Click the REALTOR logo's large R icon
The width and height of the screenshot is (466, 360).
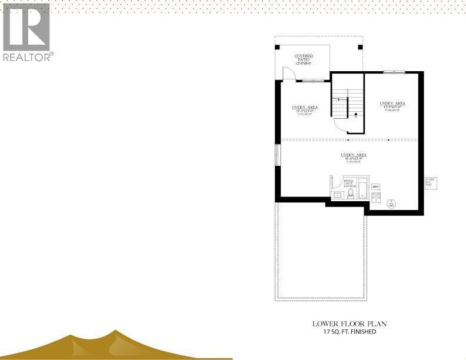click(26, 26)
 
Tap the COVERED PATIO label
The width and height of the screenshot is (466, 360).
click(304, 59)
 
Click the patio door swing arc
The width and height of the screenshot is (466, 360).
click(289, 73)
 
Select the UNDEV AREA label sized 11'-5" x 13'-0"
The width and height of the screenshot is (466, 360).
click(305, 108)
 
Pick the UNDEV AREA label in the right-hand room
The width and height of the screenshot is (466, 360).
click(392, 105)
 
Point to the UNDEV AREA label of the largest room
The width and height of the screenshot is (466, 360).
click(353, 156)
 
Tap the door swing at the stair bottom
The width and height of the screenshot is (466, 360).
click(341, 124)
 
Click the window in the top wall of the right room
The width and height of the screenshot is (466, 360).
click(394, 72)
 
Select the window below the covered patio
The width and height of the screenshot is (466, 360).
click(312, 81)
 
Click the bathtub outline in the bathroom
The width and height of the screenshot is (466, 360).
click(364, 190)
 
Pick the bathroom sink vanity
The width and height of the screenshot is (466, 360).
click(338, 195)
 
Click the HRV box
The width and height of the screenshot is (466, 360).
click(375, 186)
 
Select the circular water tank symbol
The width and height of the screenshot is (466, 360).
click(391, 204)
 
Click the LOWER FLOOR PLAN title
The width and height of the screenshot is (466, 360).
click(349, 324)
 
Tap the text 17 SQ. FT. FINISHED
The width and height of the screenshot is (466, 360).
click(349, 332)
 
